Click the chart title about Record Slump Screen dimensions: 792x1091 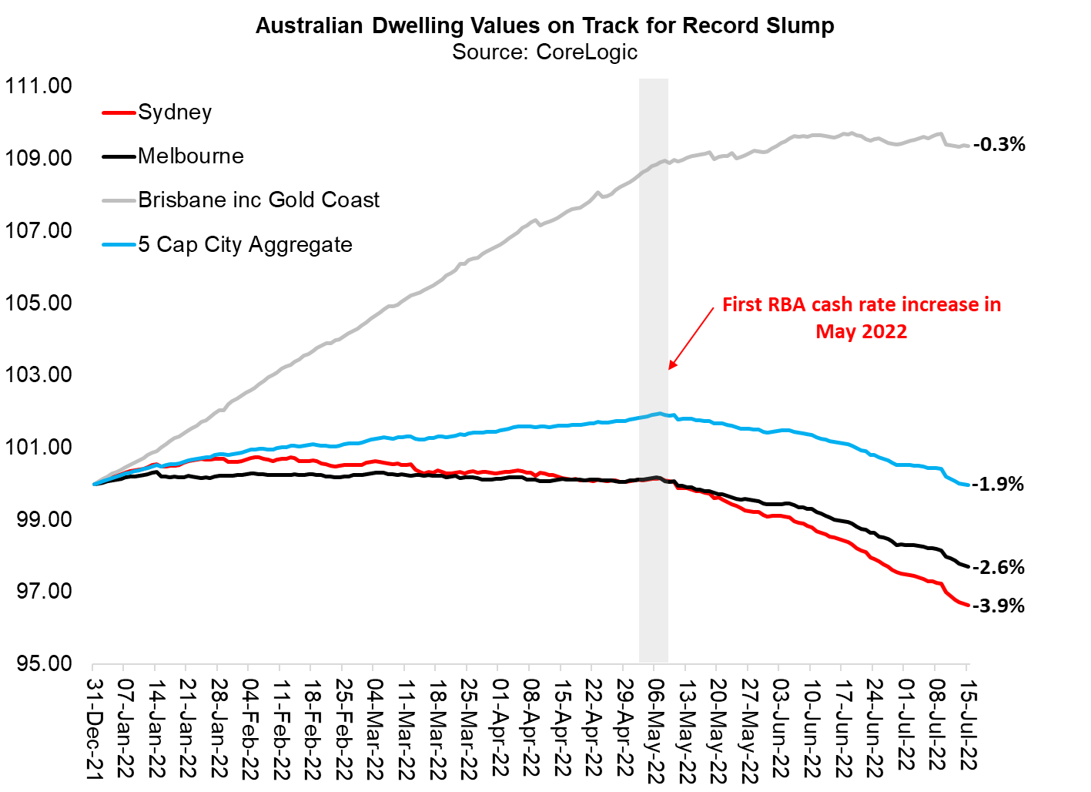tap(544, 25)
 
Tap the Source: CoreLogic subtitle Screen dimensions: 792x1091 tap(544, 52)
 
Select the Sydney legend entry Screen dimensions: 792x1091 tap(175, 112)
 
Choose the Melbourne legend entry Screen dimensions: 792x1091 tap(190, 156)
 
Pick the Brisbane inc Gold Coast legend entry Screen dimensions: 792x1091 tap(259, 200)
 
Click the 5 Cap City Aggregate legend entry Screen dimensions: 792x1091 tap(245, 245)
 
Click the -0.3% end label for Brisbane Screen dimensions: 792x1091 tap(999, 144)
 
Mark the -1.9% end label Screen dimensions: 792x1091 tap(998, 484)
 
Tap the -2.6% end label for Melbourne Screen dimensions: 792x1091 tap(999, 568)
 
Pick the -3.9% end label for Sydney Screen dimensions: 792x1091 tap(999, 606)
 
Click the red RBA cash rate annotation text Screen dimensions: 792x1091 tap(861, 317)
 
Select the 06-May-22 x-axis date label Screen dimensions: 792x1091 tap(656, 729)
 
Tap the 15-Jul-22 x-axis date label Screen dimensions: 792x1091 tap(968, 724)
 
